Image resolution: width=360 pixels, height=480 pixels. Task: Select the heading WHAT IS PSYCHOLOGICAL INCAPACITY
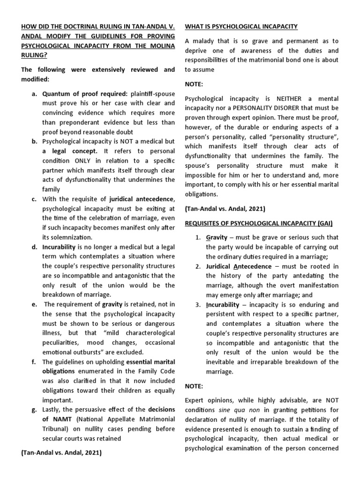(x=242, y=26)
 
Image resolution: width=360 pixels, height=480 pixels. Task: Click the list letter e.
(x=34, y=304)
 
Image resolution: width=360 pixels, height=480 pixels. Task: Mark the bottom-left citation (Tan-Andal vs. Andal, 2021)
(x=61, y=453)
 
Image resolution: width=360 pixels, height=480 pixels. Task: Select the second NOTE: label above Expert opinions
(x=195, y=386)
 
